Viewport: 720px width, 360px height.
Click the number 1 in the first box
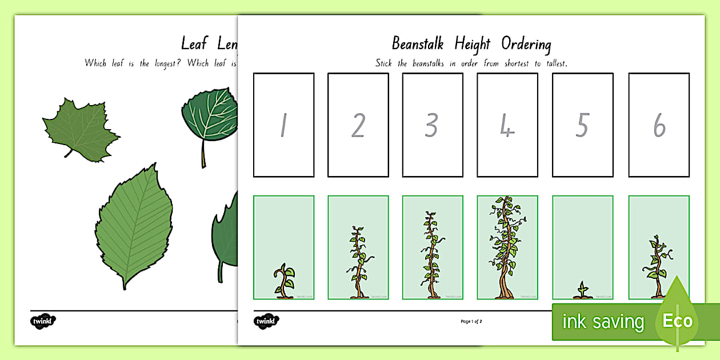[x=283, y=126]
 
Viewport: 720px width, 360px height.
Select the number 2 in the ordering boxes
[x=358, y=126]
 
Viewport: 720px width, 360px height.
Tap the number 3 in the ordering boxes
[x=432, y=126]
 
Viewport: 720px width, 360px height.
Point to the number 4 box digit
[x=507, y=126]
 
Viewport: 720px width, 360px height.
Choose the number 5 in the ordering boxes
[x=582, y=126]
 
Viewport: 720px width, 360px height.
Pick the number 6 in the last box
[x=659, y=126]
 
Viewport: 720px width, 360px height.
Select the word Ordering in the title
[x=526, y=44]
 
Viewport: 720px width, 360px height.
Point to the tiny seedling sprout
[x=582, y=290]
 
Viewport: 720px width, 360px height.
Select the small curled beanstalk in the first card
[x=283, y=281]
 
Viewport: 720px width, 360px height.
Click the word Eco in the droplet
[x=678, y=320]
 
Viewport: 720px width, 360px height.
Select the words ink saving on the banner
[x=603, y=322]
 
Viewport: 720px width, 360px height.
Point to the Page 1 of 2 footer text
[x=471, y=322]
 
